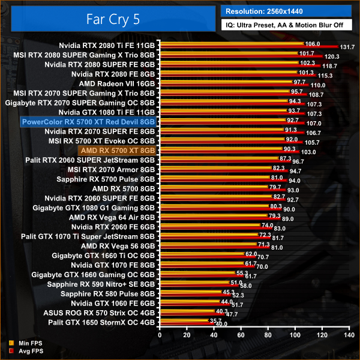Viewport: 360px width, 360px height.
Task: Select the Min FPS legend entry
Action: pyautogui.click(x=26, y=343)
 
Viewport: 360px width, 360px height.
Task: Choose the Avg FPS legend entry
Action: pyautogui.click(x=26, y=350)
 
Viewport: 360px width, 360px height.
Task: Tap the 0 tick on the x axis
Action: pyautogui.click(x=159, y=337)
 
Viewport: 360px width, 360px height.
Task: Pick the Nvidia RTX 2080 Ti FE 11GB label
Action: pyautogui.click(x=107, y=44)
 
